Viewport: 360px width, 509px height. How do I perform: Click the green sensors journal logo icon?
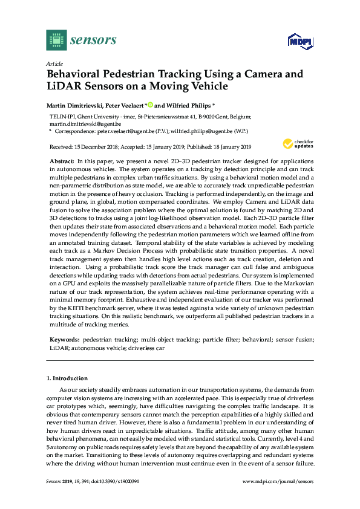(x=56, y=41)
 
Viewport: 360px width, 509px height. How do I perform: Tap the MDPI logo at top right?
(x=296, y=41)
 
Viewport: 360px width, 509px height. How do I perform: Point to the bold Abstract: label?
(x=61, y=163)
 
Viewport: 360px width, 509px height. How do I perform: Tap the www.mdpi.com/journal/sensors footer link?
(x=278, y=481)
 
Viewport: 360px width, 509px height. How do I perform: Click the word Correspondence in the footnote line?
(x=75, y=131)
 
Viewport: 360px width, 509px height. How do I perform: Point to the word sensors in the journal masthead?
(x=93, y=41)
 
